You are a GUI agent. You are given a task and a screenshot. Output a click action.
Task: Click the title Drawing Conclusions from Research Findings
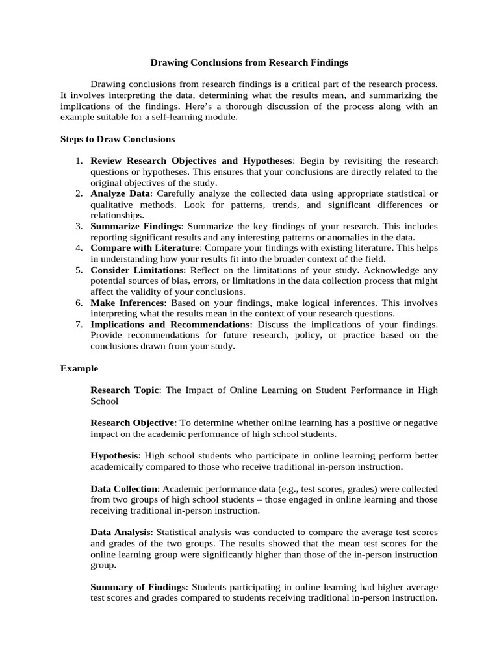[x=249, y=63]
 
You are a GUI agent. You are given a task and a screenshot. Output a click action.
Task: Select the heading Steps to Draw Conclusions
[x=118, y=139]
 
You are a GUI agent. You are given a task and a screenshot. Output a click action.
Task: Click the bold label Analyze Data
[x=121, y=194]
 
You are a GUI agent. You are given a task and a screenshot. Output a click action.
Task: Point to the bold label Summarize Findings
[x=136, y=226]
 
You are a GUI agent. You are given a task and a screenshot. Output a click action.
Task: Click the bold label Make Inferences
[x=128, y=303]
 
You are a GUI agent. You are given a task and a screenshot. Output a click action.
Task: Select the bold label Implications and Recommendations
[x=172, y=324]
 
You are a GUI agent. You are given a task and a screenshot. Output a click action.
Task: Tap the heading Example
[x=79, y=368]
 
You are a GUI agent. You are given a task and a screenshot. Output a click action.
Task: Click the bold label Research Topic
[x=124, y=390]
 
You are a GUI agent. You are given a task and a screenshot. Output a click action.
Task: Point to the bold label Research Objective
[x=133, y=423]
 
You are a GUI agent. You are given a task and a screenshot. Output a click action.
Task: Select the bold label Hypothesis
[x=114, y=456]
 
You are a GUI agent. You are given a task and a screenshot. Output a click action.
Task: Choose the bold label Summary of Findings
[x=138, y=587]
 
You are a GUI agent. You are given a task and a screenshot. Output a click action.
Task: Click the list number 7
[x=78, y=324]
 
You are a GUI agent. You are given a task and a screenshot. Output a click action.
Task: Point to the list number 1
[x=78, y=160]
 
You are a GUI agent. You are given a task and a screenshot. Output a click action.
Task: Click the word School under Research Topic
[x=104, y=401]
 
